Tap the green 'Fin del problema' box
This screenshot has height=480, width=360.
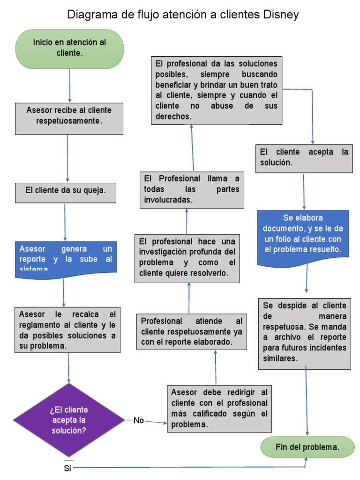tap(307, 448)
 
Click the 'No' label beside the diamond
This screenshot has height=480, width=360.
tap(139, 420)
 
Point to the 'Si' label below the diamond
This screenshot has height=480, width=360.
tap(67, 468)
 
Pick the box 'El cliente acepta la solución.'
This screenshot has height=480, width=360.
tap(304, 158)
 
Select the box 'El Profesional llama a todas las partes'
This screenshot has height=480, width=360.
tap(192, 189)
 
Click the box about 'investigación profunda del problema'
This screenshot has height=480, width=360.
tap(187, 258)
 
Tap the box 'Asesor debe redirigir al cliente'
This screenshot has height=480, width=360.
tap(219, 408)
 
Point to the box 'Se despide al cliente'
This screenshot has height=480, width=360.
tap(304, 332)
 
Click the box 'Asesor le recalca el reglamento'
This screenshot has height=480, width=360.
tap(68, 330)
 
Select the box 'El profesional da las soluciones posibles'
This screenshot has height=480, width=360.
tap(216, 90)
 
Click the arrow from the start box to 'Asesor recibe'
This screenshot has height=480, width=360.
tap(70, 86)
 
